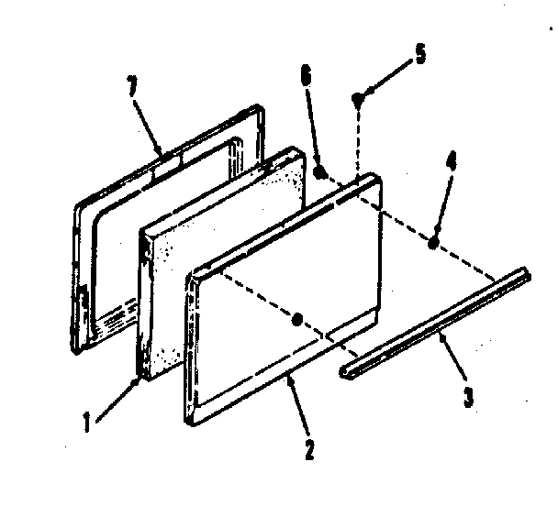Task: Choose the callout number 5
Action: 419,53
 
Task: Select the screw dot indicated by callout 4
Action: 433,241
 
